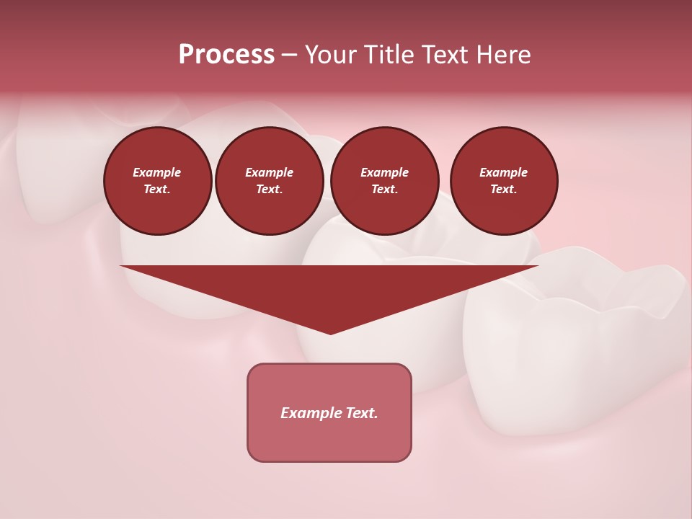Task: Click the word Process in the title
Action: point(226,55)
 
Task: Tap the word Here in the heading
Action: point(502,55)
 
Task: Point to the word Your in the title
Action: point(329,55)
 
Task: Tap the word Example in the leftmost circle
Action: point(157,172)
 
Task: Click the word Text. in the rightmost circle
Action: point(504,190)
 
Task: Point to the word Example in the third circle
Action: point(384,172)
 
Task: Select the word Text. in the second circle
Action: point(270,190)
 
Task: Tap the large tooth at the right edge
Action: point(577,339)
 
